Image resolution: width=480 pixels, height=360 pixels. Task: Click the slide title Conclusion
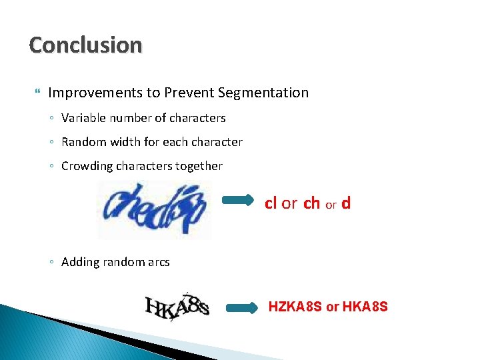point(85,45)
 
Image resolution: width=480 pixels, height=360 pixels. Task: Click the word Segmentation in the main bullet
point(268,93)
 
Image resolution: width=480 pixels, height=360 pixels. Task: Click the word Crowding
point(87,166)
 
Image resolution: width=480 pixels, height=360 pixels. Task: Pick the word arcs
point(158,262)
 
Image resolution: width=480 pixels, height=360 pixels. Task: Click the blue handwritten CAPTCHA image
point(155,209)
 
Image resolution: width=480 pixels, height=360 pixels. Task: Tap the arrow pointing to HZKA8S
point(241,307)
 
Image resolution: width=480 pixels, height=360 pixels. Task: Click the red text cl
point(271,203)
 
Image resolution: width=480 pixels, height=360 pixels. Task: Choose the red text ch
point(311,203)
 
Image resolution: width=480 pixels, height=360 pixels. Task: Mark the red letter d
point(345,203)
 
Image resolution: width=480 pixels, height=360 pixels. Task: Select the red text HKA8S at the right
point(365,307)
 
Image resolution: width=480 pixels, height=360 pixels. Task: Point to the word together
point(199,166)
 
